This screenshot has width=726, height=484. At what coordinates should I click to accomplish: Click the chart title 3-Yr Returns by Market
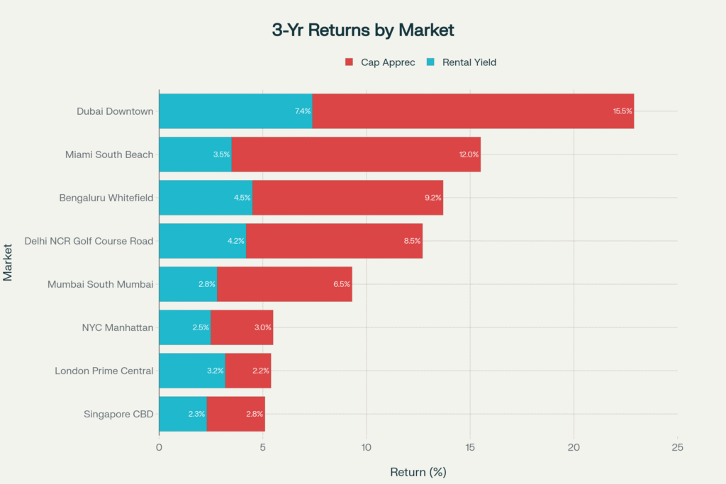click(363, 30)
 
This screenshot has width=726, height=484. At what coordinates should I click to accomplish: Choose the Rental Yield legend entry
click(461, 62)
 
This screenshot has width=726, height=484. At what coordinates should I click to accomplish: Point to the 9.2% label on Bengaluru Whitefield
click(432, 198)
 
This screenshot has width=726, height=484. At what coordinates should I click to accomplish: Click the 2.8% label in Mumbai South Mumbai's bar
click(206, 284)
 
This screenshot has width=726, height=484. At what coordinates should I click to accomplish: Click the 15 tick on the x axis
click(470, 447)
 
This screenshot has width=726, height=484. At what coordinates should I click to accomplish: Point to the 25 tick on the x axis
click(678, 447)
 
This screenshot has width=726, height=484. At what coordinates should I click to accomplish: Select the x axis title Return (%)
click(418, 471)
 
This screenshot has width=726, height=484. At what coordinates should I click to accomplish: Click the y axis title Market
click(9, 262)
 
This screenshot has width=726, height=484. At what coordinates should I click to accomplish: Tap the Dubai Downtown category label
click(115, 111)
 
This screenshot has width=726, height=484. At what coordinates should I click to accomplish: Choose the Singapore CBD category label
click(118, 414)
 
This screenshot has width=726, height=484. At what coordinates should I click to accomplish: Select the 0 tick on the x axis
click(159, 447)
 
